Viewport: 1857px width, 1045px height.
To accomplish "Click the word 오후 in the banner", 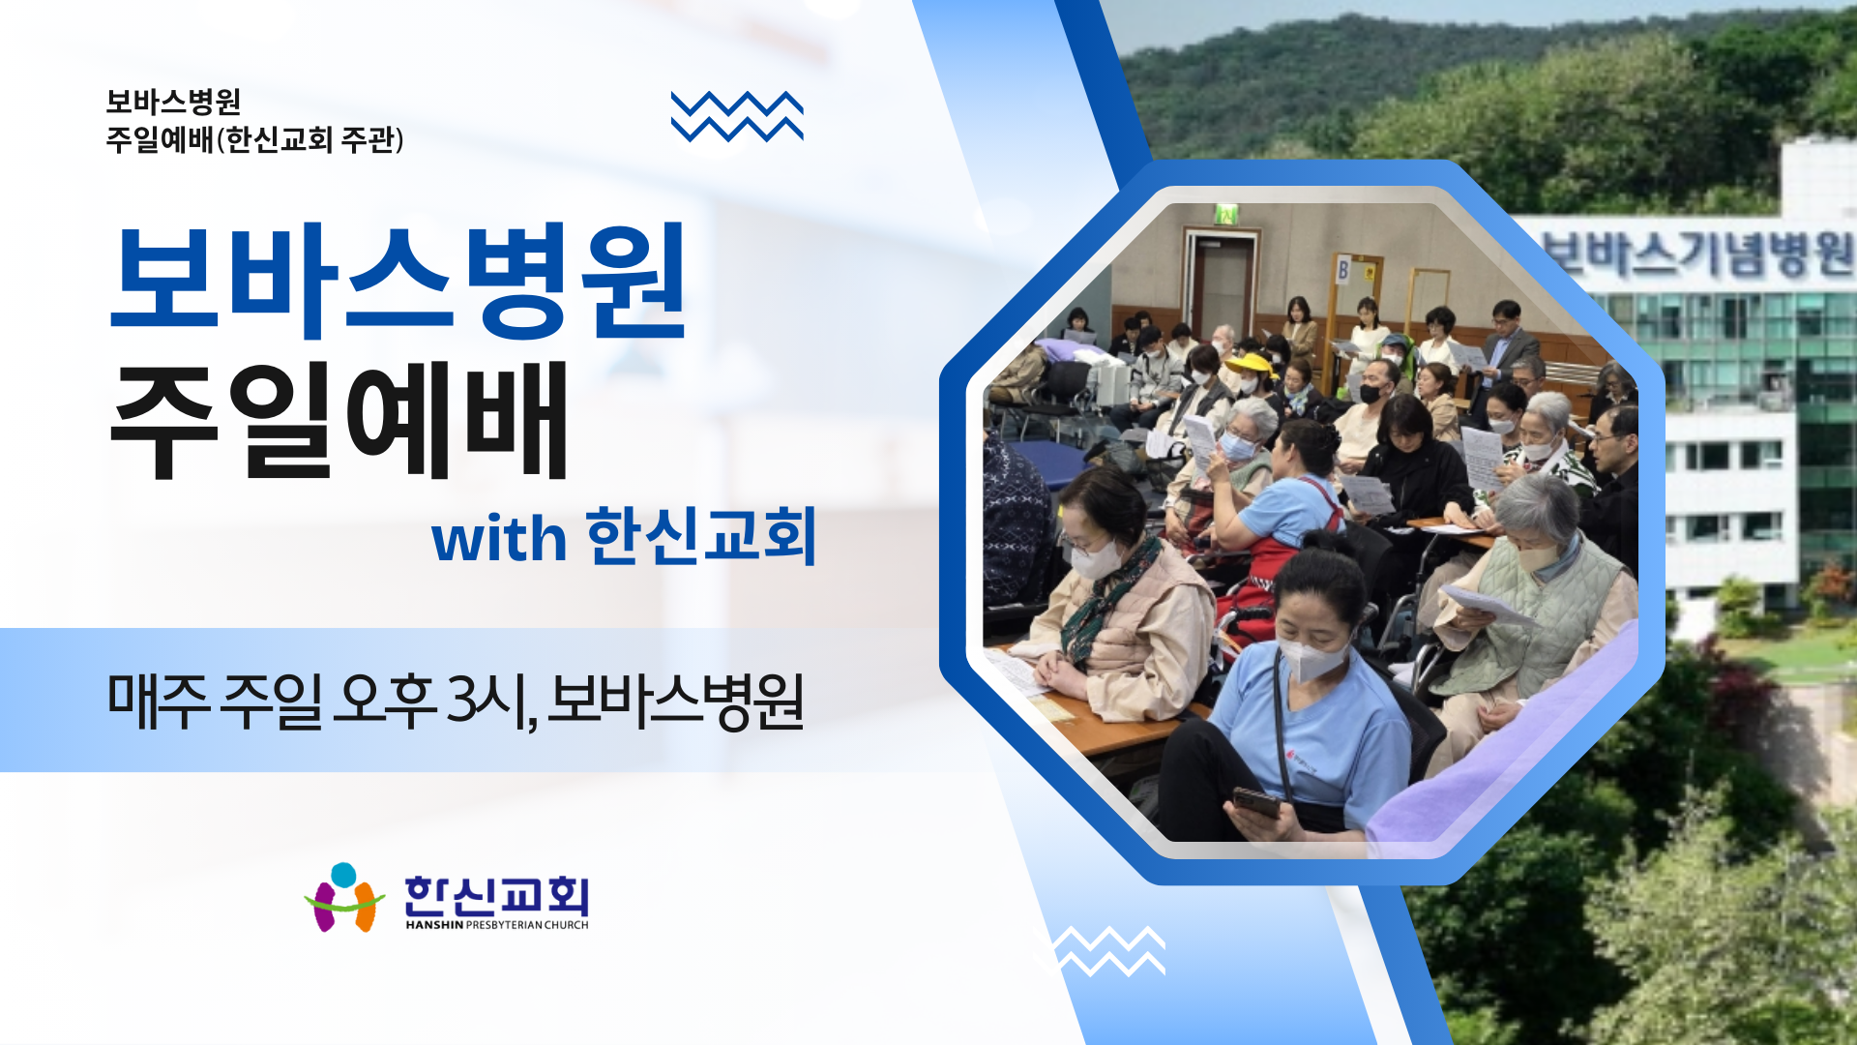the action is point(384,699).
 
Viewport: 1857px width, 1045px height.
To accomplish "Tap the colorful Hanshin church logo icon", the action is point(344,897).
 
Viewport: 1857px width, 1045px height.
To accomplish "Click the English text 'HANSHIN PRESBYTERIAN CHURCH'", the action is point(497,925).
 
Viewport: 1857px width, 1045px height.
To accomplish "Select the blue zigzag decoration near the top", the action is point(737,116).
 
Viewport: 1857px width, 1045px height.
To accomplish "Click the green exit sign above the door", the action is point(1226,213).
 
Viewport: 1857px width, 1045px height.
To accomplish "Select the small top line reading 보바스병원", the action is point(173,102).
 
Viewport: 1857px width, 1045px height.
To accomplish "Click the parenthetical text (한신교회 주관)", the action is point(310,140).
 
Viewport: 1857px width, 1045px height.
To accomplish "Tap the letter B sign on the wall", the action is point(1342,270).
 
